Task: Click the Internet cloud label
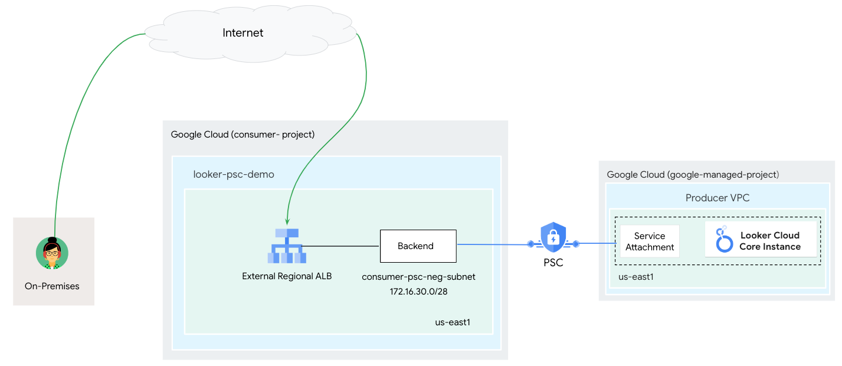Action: pos(243,33)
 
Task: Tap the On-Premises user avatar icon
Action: pos(52,253)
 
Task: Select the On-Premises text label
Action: pos(52,286)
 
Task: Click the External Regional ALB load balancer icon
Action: pos(286,246)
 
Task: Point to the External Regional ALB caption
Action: pos(287,276)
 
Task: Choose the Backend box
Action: pos(418,246)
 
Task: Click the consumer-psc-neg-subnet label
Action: pos(418,277)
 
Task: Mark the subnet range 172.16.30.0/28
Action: pos(418,291)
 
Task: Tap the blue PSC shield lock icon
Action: pos(553,237)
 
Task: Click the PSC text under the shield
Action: pos(553,263)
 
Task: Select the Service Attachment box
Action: pos(650,241)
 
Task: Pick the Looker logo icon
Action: pos(723,240)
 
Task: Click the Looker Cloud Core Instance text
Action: pos(770,241)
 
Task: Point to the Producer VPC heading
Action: pos(717,198)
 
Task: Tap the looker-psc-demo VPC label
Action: pos(234,175)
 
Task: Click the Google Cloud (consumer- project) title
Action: pos(243,135)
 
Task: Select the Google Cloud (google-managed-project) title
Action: pos(693,175)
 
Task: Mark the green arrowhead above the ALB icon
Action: pos(287,220)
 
